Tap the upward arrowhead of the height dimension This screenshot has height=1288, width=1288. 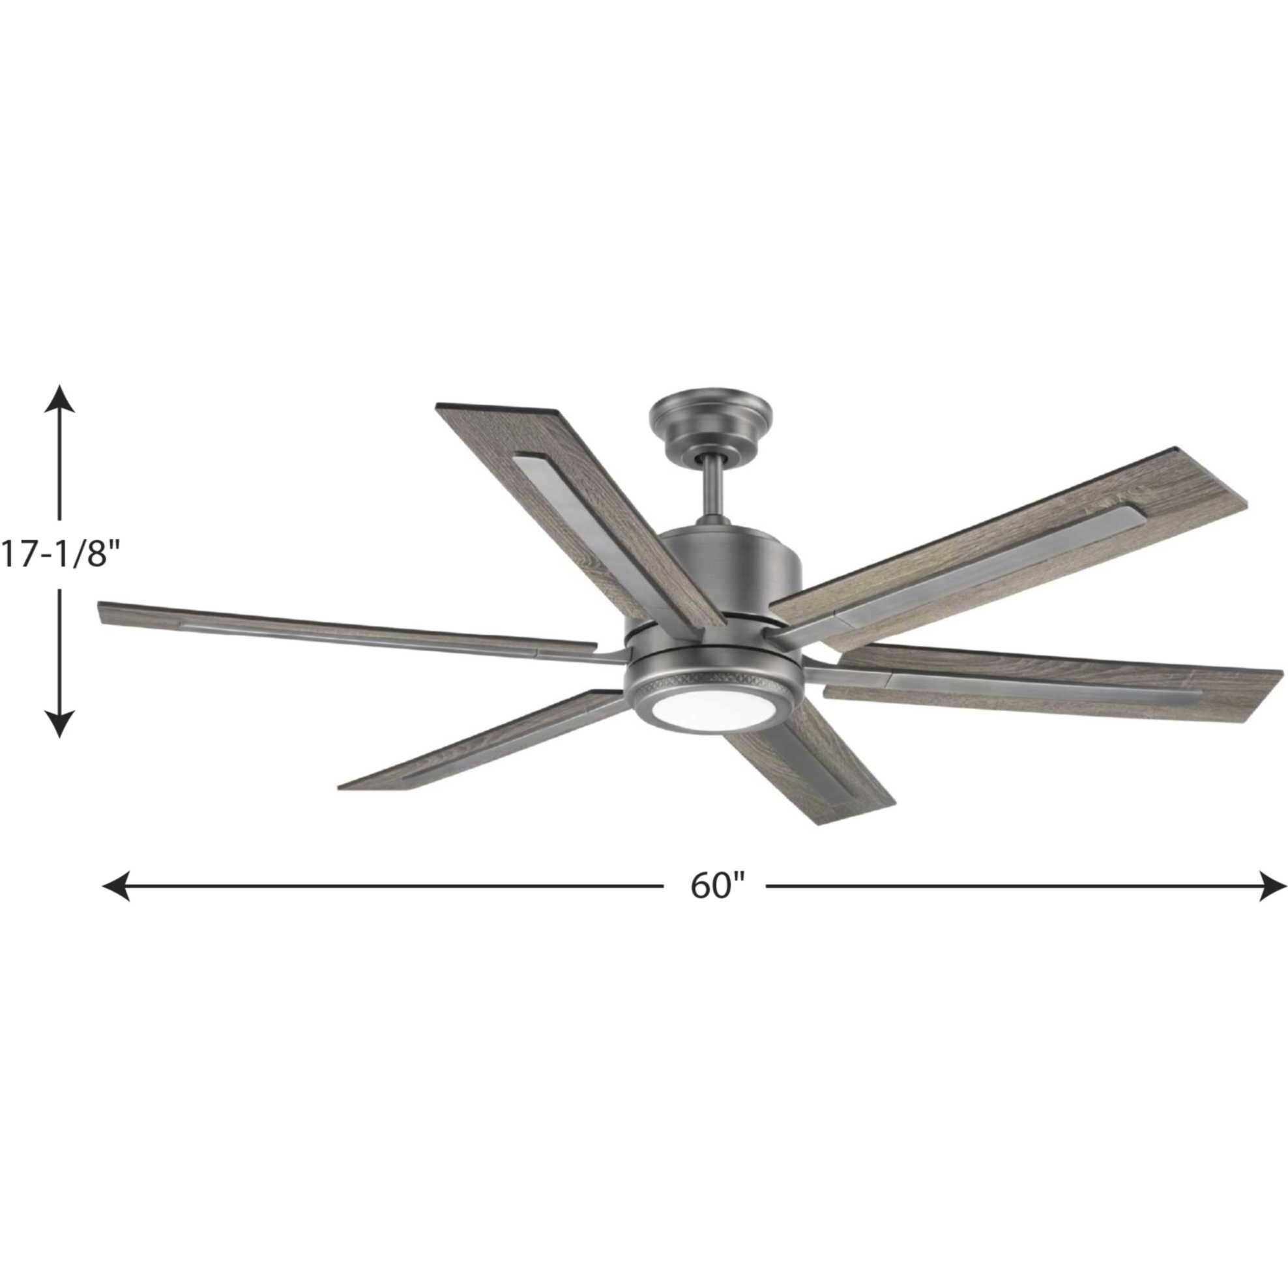pyautogui.click(x=60, y=399)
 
